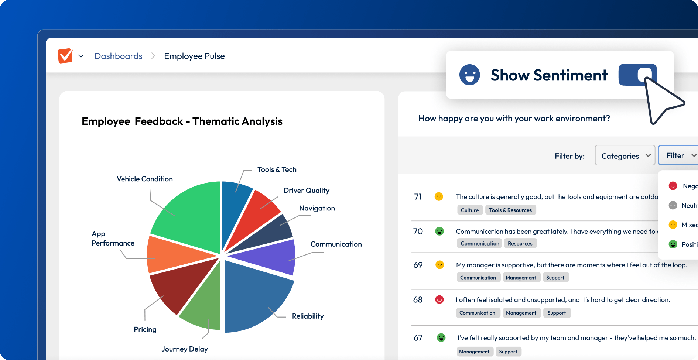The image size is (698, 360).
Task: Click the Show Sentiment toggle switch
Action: coord(637,75)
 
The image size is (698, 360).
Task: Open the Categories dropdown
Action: coord(625,156)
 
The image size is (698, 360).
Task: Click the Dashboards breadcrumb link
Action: coord(119,56)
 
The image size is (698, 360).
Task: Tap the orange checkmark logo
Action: coord(65,56)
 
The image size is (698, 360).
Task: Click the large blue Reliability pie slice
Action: coord(255,299)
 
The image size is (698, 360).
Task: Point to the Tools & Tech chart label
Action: coord(277,170)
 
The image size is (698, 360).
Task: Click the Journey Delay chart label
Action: coord(185,349)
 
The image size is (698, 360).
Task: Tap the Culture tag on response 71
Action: coord(470,210)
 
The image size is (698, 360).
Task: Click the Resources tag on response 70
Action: coord(520,244)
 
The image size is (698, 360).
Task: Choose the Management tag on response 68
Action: coord(521,313)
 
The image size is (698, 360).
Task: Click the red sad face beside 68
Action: coord(439,300)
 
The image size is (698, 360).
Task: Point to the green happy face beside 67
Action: coord(441,337)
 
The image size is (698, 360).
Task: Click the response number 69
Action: coord(418,265)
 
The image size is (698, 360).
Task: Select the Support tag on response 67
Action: coord(508,352)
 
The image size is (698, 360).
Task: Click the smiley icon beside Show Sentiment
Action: coord(469,75)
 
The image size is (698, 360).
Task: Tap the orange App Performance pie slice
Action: coord(174,255)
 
